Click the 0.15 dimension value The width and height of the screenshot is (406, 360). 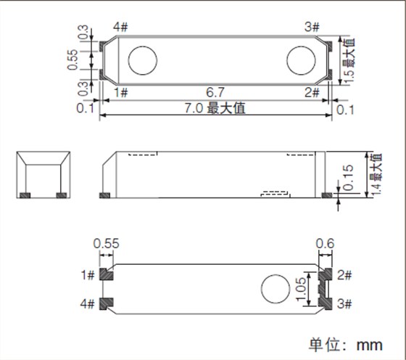pos(351,176)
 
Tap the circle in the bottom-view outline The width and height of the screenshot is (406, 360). pos(273,289)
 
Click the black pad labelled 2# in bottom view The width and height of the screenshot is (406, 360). pos(325,274)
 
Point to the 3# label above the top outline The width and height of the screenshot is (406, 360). pos(312,28)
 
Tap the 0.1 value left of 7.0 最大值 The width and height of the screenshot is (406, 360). pos(86,109)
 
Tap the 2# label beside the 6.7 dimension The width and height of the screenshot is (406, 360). pos(312,93)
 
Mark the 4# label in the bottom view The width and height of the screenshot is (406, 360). pos(88,303)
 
